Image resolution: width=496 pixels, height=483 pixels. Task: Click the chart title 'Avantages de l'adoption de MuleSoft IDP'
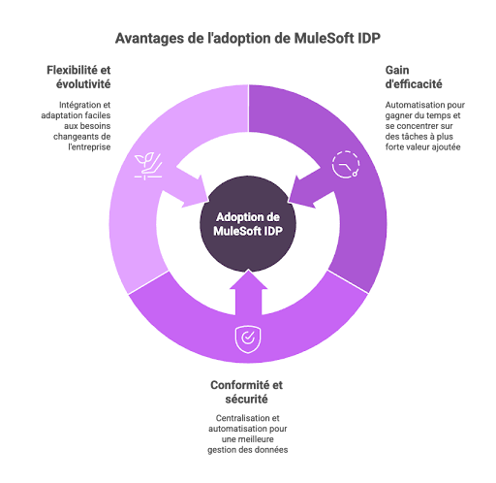[x=248, y=38]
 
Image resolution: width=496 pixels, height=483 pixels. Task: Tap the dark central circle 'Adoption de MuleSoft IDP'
[x=248, y=224]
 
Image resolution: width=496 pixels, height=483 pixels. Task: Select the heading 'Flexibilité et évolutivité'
[x=78, y=77]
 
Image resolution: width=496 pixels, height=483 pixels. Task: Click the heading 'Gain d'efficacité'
[x=414, y=77]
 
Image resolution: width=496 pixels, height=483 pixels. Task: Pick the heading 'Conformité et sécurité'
[x=246, y=392]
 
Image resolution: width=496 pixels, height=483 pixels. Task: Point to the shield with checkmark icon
[x=248, y=339]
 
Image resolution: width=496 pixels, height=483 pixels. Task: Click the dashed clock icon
[x=346, y=164]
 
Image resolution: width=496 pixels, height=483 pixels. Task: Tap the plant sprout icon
[x=148, y=166]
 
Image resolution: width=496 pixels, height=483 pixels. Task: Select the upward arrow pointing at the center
[x=248, y=293]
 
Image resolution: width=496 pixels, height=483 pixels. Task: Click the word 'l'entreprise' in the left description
[x=89, y=147]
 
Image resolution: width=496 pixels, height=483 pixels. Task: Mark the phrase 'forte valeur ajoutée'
[x=422, y=147]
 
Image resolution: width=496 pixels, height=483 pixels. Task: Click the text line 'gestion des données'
[x=248, y=450]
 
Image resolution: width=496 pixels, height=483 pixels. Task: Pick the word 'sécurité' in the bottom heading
[x=246, y=400]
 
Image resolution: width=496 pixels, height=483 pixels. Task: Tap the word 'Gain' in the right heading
[x=397, y=70]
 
